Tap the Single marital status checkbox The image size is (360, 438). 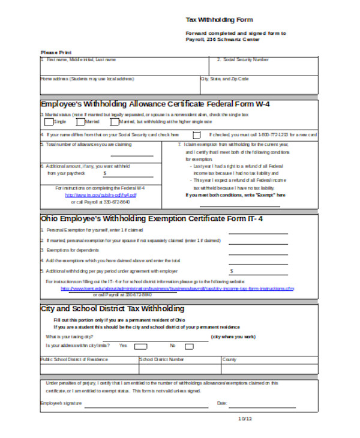tap(48, 122)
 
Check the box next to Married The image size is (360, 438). tap(80, 122)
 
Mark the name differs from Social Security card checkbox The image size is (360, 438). tap(196, 135)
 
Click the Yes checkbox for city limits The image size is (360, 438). tap(140, 346)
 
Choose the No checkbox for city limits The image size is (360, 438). tap(189, 346)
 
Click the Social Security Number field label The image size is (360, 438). tap(246, 59)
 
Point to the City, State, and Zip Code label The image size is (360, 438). tap(224, 79)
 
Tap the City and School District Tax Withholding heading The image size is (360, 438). tap(112, 308)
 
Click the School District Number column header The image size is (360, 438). tap(162, 359)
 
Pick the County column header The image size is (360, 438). tap(229, 359)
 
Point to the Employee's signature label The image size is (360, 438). tap(61, 403)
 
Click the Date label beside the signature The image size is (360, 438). tap(221, 403)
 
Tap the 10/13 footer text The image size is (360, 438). tap(245, 418)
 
